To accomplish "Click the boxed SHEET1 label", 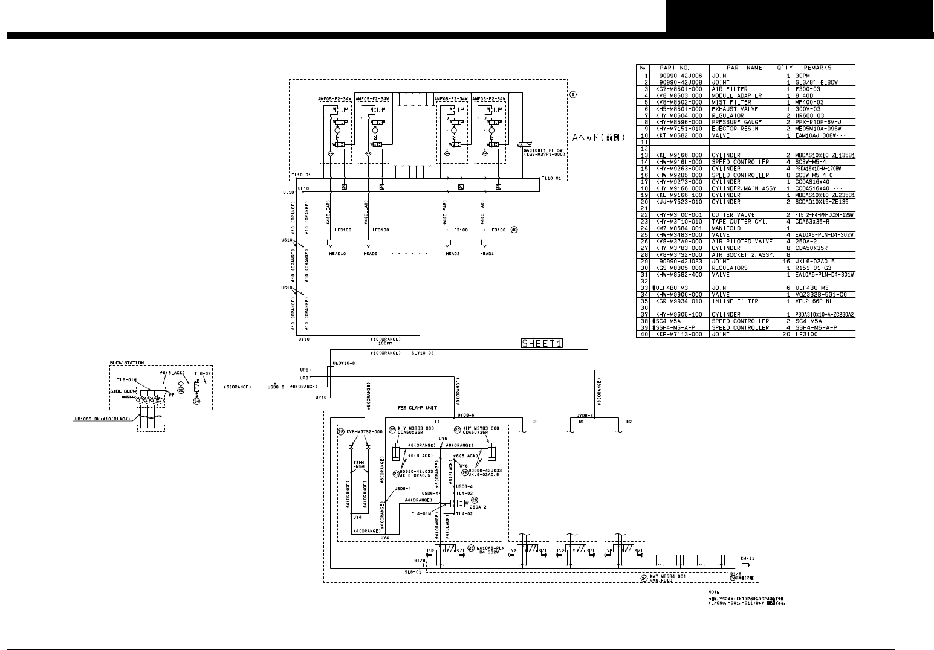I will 542,344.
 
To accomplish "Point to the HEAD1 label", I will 487,254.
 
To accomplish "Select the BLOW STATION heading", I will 127,363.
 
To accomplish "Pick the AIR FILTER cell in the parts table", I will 730,89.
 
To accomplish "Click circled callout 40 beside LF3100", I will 514,230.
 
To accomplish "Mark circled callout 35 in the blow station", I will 180,390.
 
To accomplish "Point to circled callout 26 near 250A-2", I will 475,500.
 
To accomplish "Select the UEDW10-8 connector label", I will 327,363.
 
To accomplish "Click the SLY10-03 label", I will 423,353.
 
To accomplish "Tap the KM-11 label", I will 747,558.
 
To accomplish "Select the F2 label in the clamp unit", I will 533,421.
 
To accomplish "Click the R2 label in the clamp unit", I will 629,421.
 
